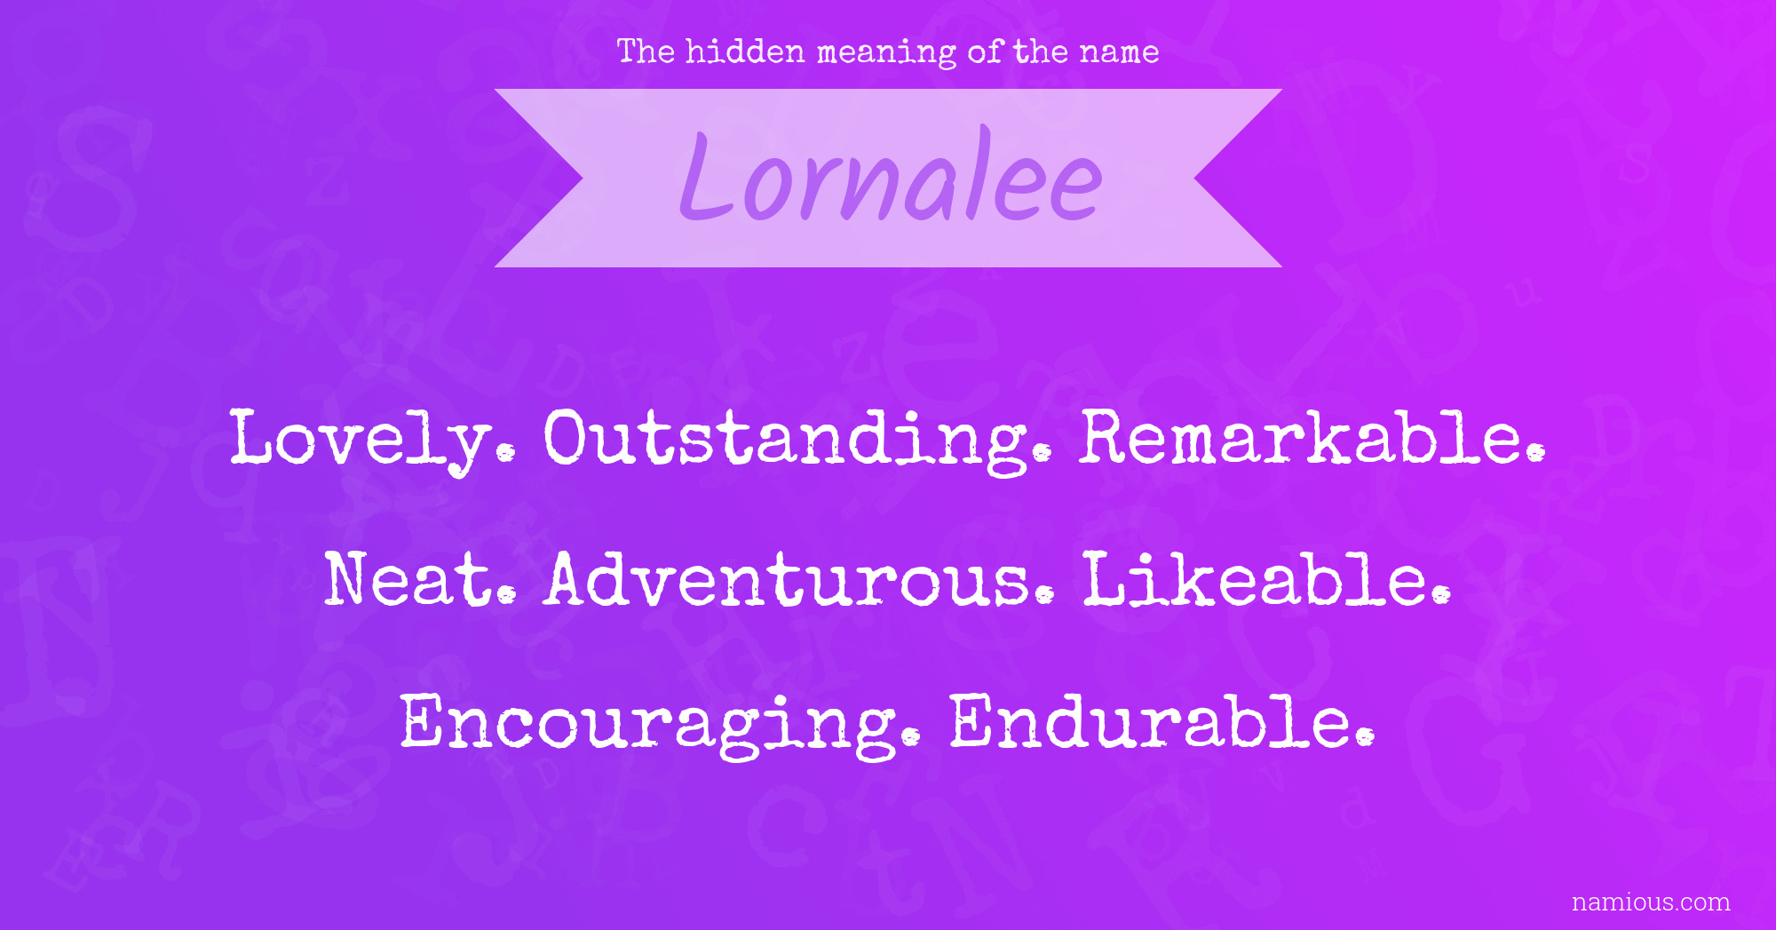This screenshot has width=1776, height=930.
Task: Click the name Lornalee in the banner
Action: click(891, 176)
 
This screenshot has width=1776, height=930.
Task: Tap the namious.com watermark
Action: click(1651, 902)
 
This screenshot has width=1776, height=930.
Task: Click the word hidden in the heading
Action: click(745, 52)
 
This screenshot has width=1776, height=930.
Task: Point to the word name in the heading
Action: click(1119, 53)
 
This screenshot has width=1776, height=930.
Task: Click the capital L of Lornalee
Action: click(708, 176)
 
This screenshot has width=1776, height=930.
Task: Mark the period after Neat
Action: click(506, 594)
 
